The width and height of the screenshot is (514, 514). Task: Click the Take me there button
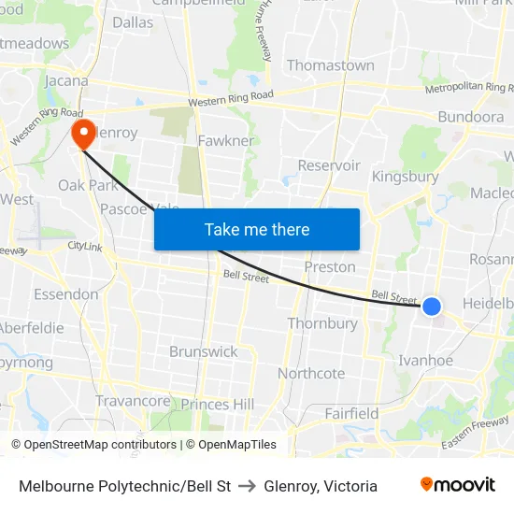pyautogui.click(x=257, y=229)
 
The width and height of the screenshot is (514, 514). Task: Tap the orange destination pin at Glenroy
pyautogui.click(x=83, y=132)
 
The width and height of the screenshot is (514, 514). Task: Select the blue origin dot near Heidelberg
pyautogui.click(x=431, y=306)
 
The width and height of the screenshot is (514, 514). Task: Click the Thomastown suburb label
pyautogui.click(x=330, y=65)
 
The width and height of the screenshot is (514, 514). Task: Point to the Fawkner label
pyautogui.click(x=226, y=140)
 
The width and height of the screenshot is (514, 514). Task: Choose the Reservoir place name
pyautogui.click(x=329, y=165)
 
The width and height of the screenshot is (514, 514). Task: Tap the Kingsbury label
pyautogui.click(x=405, y=176)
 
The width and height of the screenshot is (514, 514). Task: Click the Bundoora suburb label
pyautogui.click(x=471, y=117)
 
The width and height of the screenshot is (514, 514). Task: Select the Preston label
pyautogui.click(x=330, y=266)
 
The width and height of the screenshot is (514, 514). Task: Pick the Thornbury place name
pyautogui.click(x=322, y=323)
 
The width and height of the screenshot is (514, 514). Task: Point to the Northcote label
pyautogui.click(x=311, y=373)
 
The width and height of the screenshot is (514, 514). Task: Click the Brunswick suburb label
pyautogui.click(x=204, y=351)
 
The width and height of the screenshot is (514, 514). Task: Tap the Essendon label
pyautogui.click(x=65, y=294)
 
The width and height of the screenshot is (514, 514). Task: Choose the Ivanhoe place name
pyautogui.click(x=425, y=360)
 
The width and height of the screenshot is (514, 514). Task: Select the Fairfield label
pyautogui.click(x=351, y=412)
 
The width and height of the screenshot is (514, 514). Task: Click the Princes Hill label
pyautogui.click(x=218, y=404)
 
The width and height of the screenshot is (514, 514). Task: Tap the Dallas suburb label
pyautogui.click(x=133, y=21)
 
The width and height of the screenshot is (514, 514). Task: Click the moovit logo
pyautogui.click(x=457, y=485)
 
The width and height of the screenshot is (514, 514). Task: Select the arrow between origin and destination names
pyautogui.click(x=248, y=486)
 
